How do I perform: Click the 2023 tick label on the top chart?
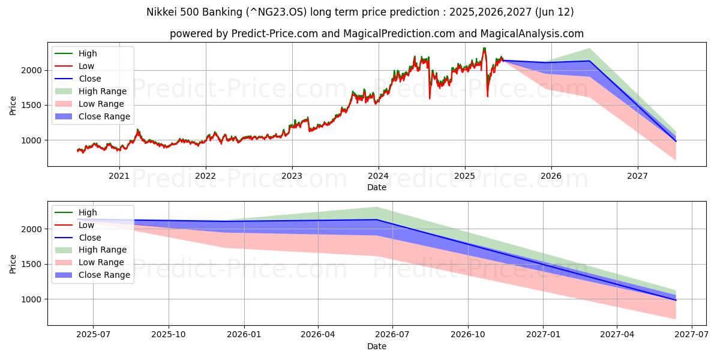coord(292,176)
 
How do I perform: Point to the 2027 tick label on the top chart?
coord(637,176)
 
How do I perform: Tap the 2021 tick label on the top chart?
coord(119,176)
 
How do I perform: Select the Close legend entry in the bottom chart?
coord(90,237)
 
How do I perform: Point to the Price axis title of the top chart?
coord(13,105)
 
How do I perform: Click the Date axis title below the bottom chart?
coord(377,346)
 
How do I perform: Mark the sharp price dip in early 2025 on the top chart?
coord(487,95)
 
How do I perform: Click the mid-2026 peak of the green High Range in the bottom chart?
coord(377,208)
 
